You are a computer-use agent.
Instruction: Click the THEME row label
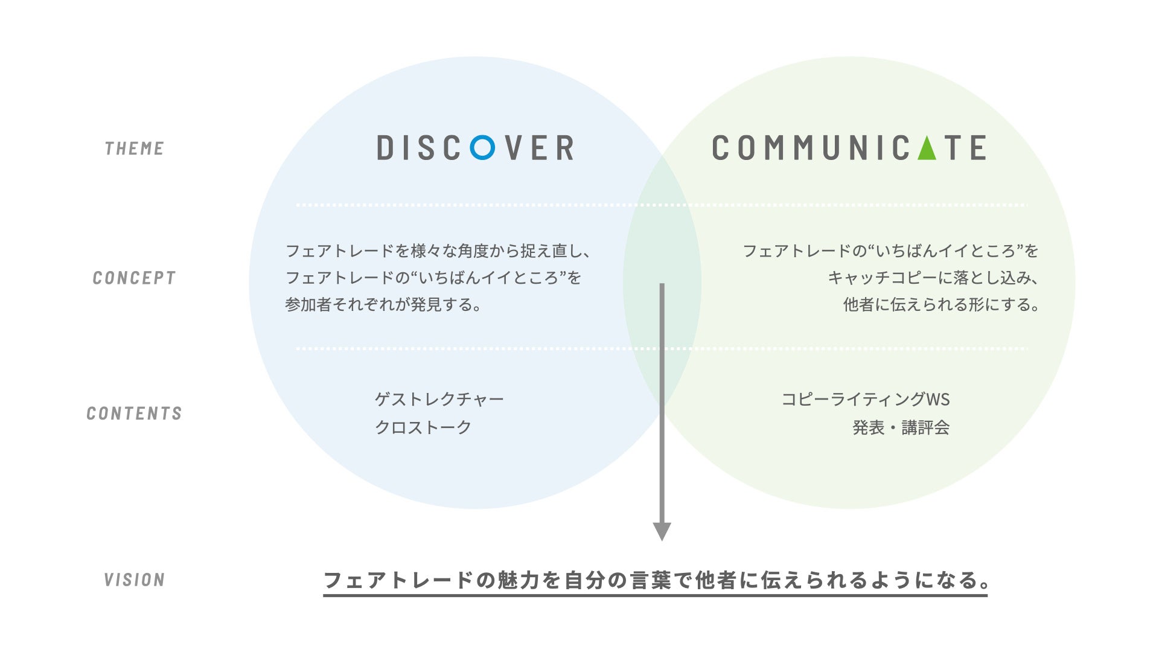[x=134, y=149]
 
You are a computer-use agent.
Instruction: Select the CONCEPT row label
[x=134, y=278]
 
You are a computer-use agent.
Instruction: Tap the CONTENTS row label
[x=134, y=414]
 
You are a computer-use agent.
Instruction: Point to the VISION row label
[x=134, y=580]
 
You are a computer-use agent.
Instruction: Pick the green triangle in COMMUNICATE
[x=927, y=148]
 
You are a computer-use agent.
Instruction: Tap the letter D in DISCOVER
[x=385, y=148]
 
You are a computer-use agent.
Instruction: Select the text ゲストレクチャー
[x=439, y=400]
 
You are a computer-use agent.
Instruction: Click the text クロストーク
[x=423, y=427]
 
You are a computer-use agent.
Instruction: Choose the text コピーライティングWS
[x=865, y=400]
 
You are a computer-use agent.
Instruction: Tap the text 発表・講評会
[x=901, y=427]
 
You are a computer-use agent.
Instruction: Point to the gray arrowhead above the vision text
[x=662, y=531]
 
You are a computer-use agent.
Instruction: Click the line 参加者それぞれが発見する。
[x=384, y=305]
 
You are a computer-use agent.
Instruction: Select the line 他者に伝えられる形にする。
[x=941, y=305]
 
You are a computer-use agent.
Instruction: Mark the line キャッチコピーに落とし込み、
[x=933, y=278]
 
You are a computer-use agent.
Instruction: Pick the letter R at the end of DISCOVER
[x=565, y=148]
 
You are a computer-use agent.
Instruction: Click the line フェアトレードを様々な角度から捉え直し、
[x=438, y=251]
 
